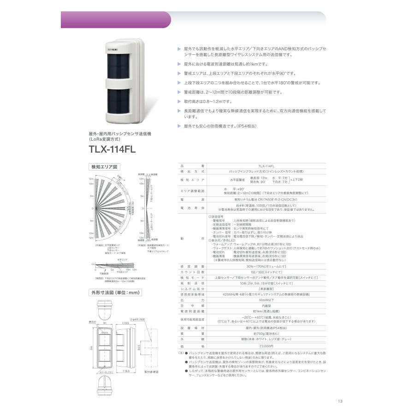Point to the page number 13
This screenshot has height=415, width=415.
click(340, 401)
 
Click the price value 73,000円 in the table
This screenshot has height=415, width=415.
click(266, 346)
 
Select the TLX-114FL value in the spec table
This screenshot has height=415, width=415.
click(266, 166)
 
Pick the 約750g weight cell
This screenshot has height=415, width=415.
click(266, 333)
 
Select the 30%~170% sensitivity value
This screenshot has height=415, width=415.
click(266, 266)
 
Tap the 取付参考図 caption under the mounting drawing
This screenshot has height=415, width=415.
click(151, 371)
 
